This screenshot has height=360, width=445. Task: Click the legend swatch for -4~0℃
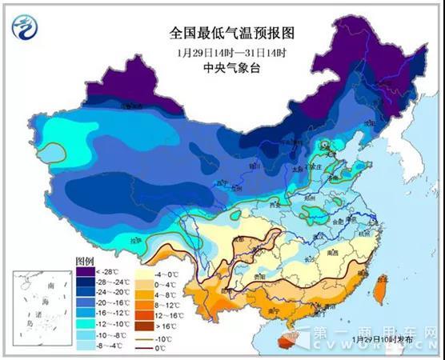pyautogui.click(x=144, y=272)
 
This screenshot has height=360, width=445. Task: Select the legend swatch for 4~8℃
pyautogui.click(x=144, y=293)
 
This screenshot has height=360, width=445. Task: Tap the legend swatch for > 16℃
pyautogui.click(x=144, y=325)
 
